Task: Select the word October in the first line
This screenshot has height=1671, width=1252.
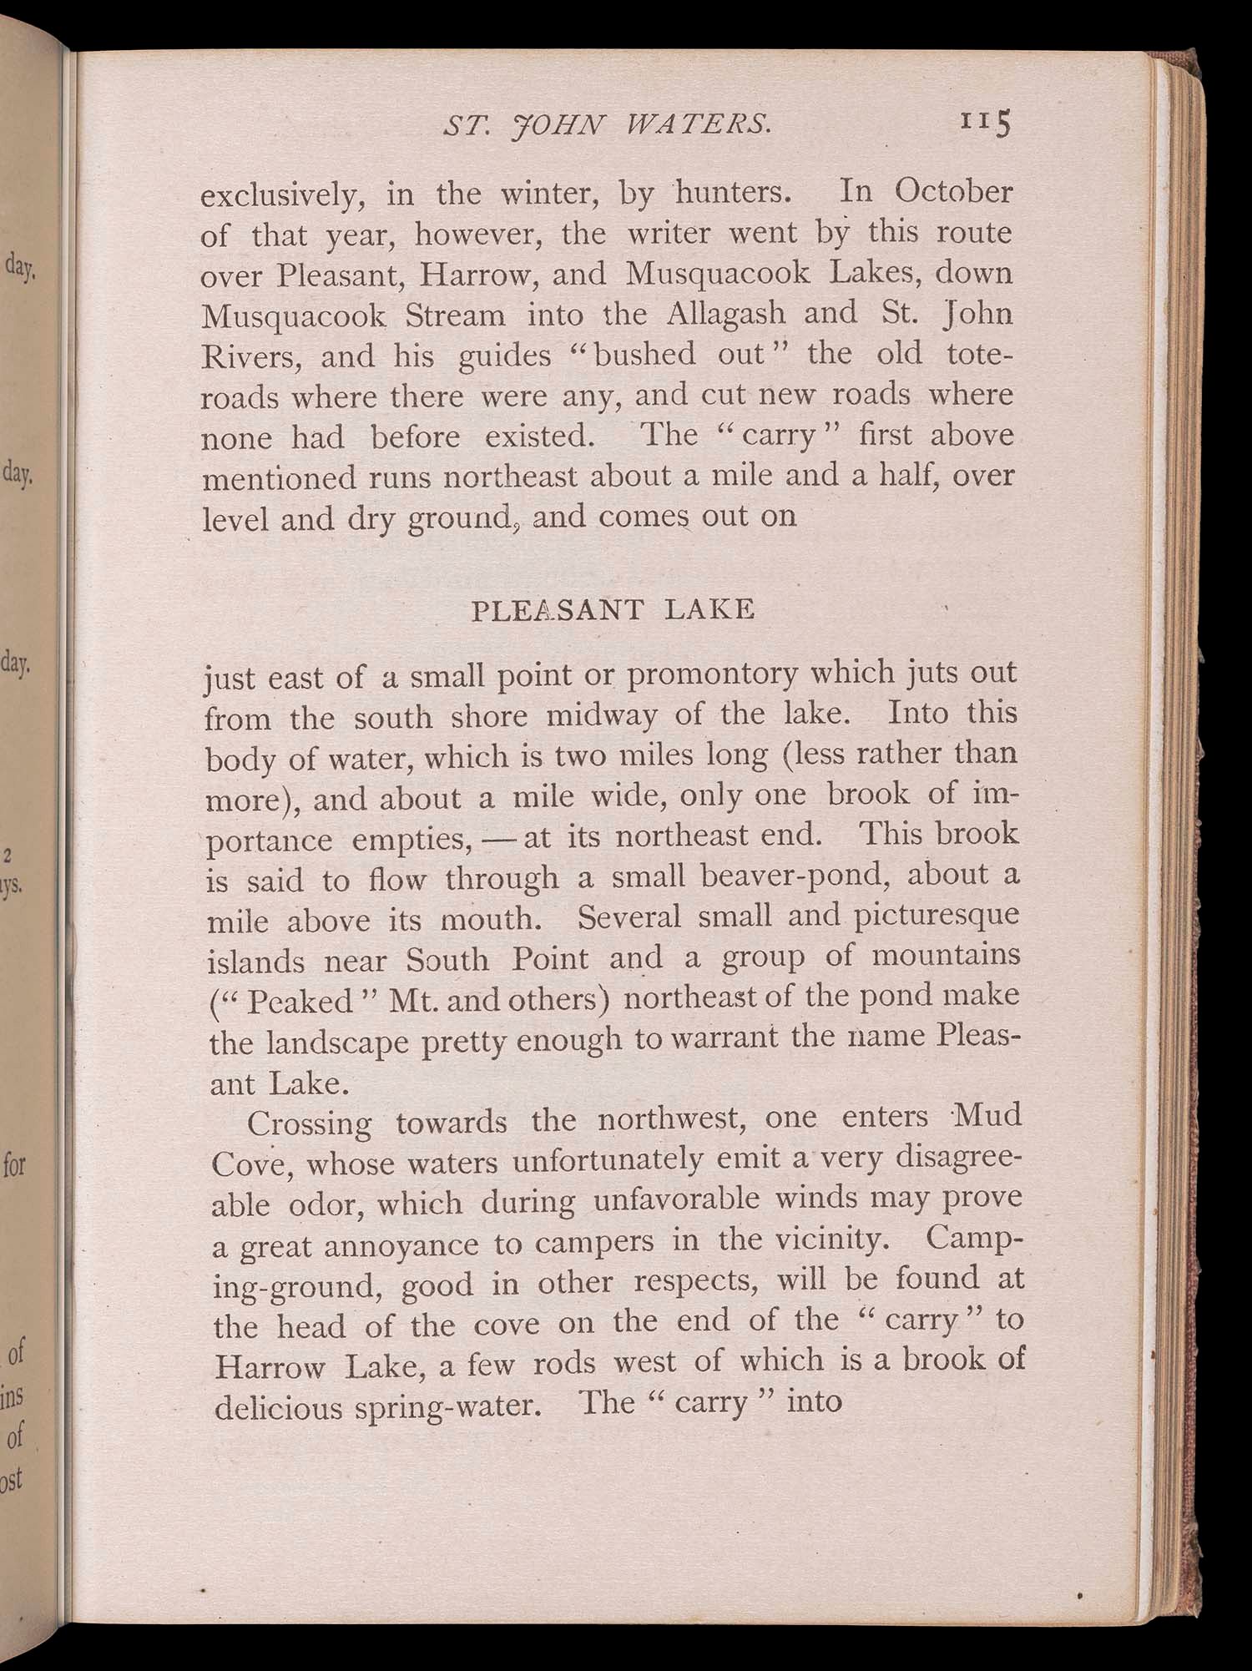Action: pyautogui.click(x=953, y=192)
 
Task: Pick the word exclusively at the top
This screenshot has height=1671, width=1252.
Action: pyautogui.click(x=282, y=196)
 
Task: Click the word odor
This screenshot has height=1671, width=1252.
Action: pyautogui.click(x=316, y=1204)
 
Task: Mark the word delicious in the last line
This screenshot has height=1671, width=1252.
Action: pyautogui.click(x=279, y=1407)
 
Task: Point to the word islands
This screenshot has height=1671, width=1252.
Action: pyautogui.click(x=255, y=961)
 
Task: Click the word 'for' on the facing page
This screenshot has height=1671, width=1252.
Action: pyautogui.click(x=15, y=1164)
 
